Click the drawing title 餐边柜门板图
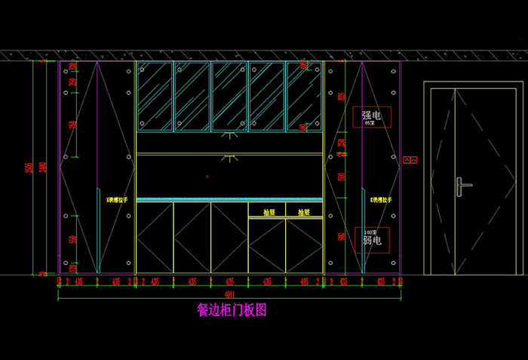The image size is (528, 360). coord(232,309)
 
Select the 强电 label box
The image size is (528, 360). coord(371,117)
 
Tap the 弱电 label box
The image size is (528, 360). coord(372,239)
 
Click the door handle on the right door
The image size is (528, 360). coord(462,183)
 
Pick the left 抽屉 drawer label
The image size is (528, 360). coord(268,212)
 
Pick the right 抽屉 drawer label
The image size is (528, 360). coord(304,212)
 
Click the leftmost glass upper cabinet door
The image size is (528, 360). coord(155,96)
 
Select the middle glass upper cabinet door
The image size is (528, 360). coord(229,96)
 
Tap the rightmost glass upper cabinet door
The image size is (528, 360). coord(304,96)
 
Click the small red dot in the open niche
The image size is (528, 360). coord(207,177)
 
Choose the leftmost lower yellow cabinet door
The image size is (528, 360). coord(155,237)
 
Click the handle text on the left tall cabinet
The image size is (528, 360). coord(117,200)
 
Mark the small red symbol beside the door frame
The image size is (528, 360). coord(410,160)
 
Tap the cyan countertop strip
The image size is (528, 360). coord(229,200)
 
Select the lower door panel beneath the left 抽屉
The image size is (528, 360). coord(268,245)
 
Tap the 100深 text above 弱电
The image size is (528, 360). coord(370,232)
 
